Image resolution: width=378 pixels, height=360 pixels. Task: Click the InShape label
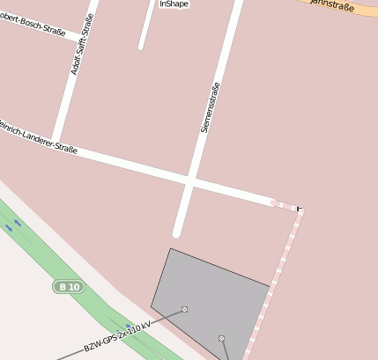click(x=174, y=4)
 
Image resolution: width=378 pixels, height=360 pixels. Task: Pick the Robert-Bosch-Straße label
click(x=33, y=25)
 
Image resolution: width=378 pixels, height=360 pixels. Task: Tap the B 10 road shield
click(x=67, y=287)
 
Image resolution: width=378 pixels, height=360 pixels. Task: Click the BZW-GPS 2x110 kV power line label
click(x=117, y=335)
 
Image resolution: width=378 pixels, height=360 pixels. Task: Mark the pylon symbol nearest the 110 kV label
click(x=184, y=309)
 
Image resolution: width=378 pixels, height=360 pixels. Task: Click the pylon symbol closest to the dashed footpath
click(x=221, y=338)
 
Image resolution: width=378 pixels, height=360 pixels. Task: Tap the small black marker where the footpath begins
click(x=300, y=209)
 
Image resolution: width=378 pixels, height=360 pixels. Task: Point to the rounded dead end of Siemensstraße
click(x=177, y=232)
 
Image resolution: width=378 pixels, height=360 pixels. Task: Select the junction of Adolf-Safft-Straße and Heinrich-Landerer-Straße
click(x=56, y=142)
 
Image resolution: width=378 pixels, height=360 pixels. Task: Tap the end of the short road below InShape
click(x=141, y=46)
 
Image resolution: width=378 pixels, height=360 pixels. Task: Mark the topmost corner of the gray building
click(x=170, y=249)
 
